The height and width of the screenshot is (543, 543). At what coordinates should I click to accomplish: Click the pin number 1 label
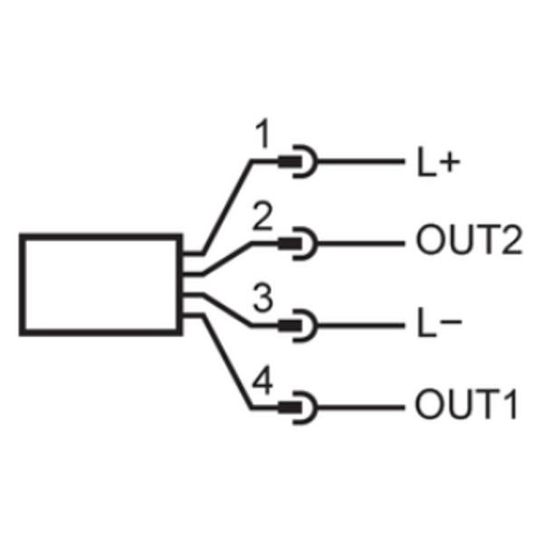[262, 134]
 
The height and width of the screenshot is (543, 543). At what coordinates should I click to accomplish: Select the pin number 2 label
[262, 217]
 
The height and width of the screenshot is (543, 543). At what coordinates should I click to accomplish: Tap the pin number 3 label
[262, 298]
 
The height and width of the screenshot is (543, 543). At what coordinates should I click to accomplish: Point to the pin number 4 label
[262, 380]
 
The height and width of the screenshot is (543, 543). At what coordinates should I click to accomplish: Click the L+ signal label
[438, 162]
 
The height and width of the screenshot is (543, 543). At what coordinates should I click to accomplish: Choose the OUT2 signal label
[469, 240]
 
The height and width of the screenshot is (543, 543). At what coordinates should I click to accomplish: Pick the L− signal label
[439, 322]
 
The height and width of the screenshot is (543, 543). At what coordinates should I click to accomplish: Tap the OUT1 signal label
[466, 405]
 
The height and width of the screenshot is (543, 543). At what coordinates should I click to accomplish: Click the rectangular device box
[100, 236]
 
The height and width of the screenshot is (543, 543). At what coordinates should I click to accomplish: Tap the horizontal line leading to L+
[361, 162]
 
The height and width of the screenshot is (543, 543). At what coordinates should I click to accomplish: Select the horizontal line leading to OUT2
[361, 243]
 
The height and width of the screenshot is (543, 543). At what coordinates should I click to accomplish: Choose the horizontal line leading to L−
[361, 326]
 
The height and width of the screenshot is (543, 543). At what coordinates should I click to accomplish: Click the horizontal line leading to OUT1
[361, 407]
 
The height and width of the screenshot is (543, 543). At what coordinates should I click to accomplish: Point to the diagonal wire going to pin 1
[227, 207]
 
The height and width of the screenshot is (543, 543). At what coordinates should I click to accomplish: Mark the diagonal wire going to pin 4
[227, 362]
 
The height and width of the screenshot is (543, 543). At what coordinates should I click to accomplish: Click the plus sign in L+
[450, 163]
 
